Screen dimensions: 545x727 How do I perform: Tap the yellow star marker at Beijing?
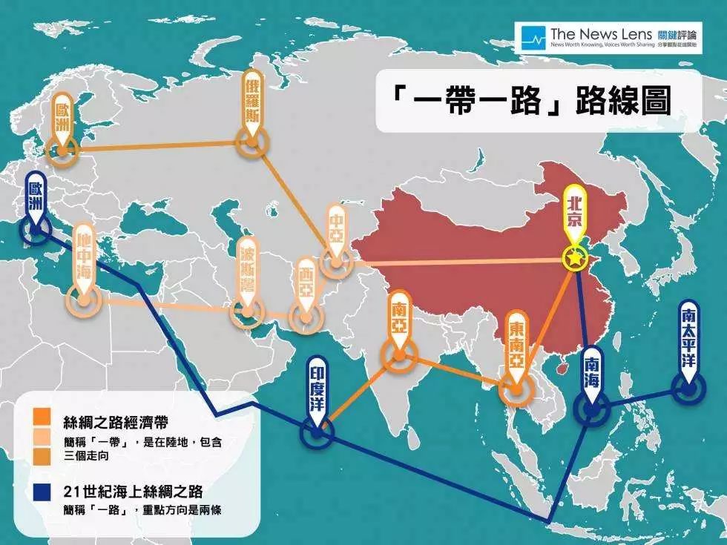coord(574,259)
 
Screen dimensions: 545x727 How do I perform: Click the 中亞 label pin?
coord(336,226)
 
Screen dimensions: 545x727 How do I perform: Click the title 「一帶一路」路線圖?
coord(527,102)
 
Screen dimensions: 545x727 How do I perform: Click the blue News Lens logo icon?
coord(533,36)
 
